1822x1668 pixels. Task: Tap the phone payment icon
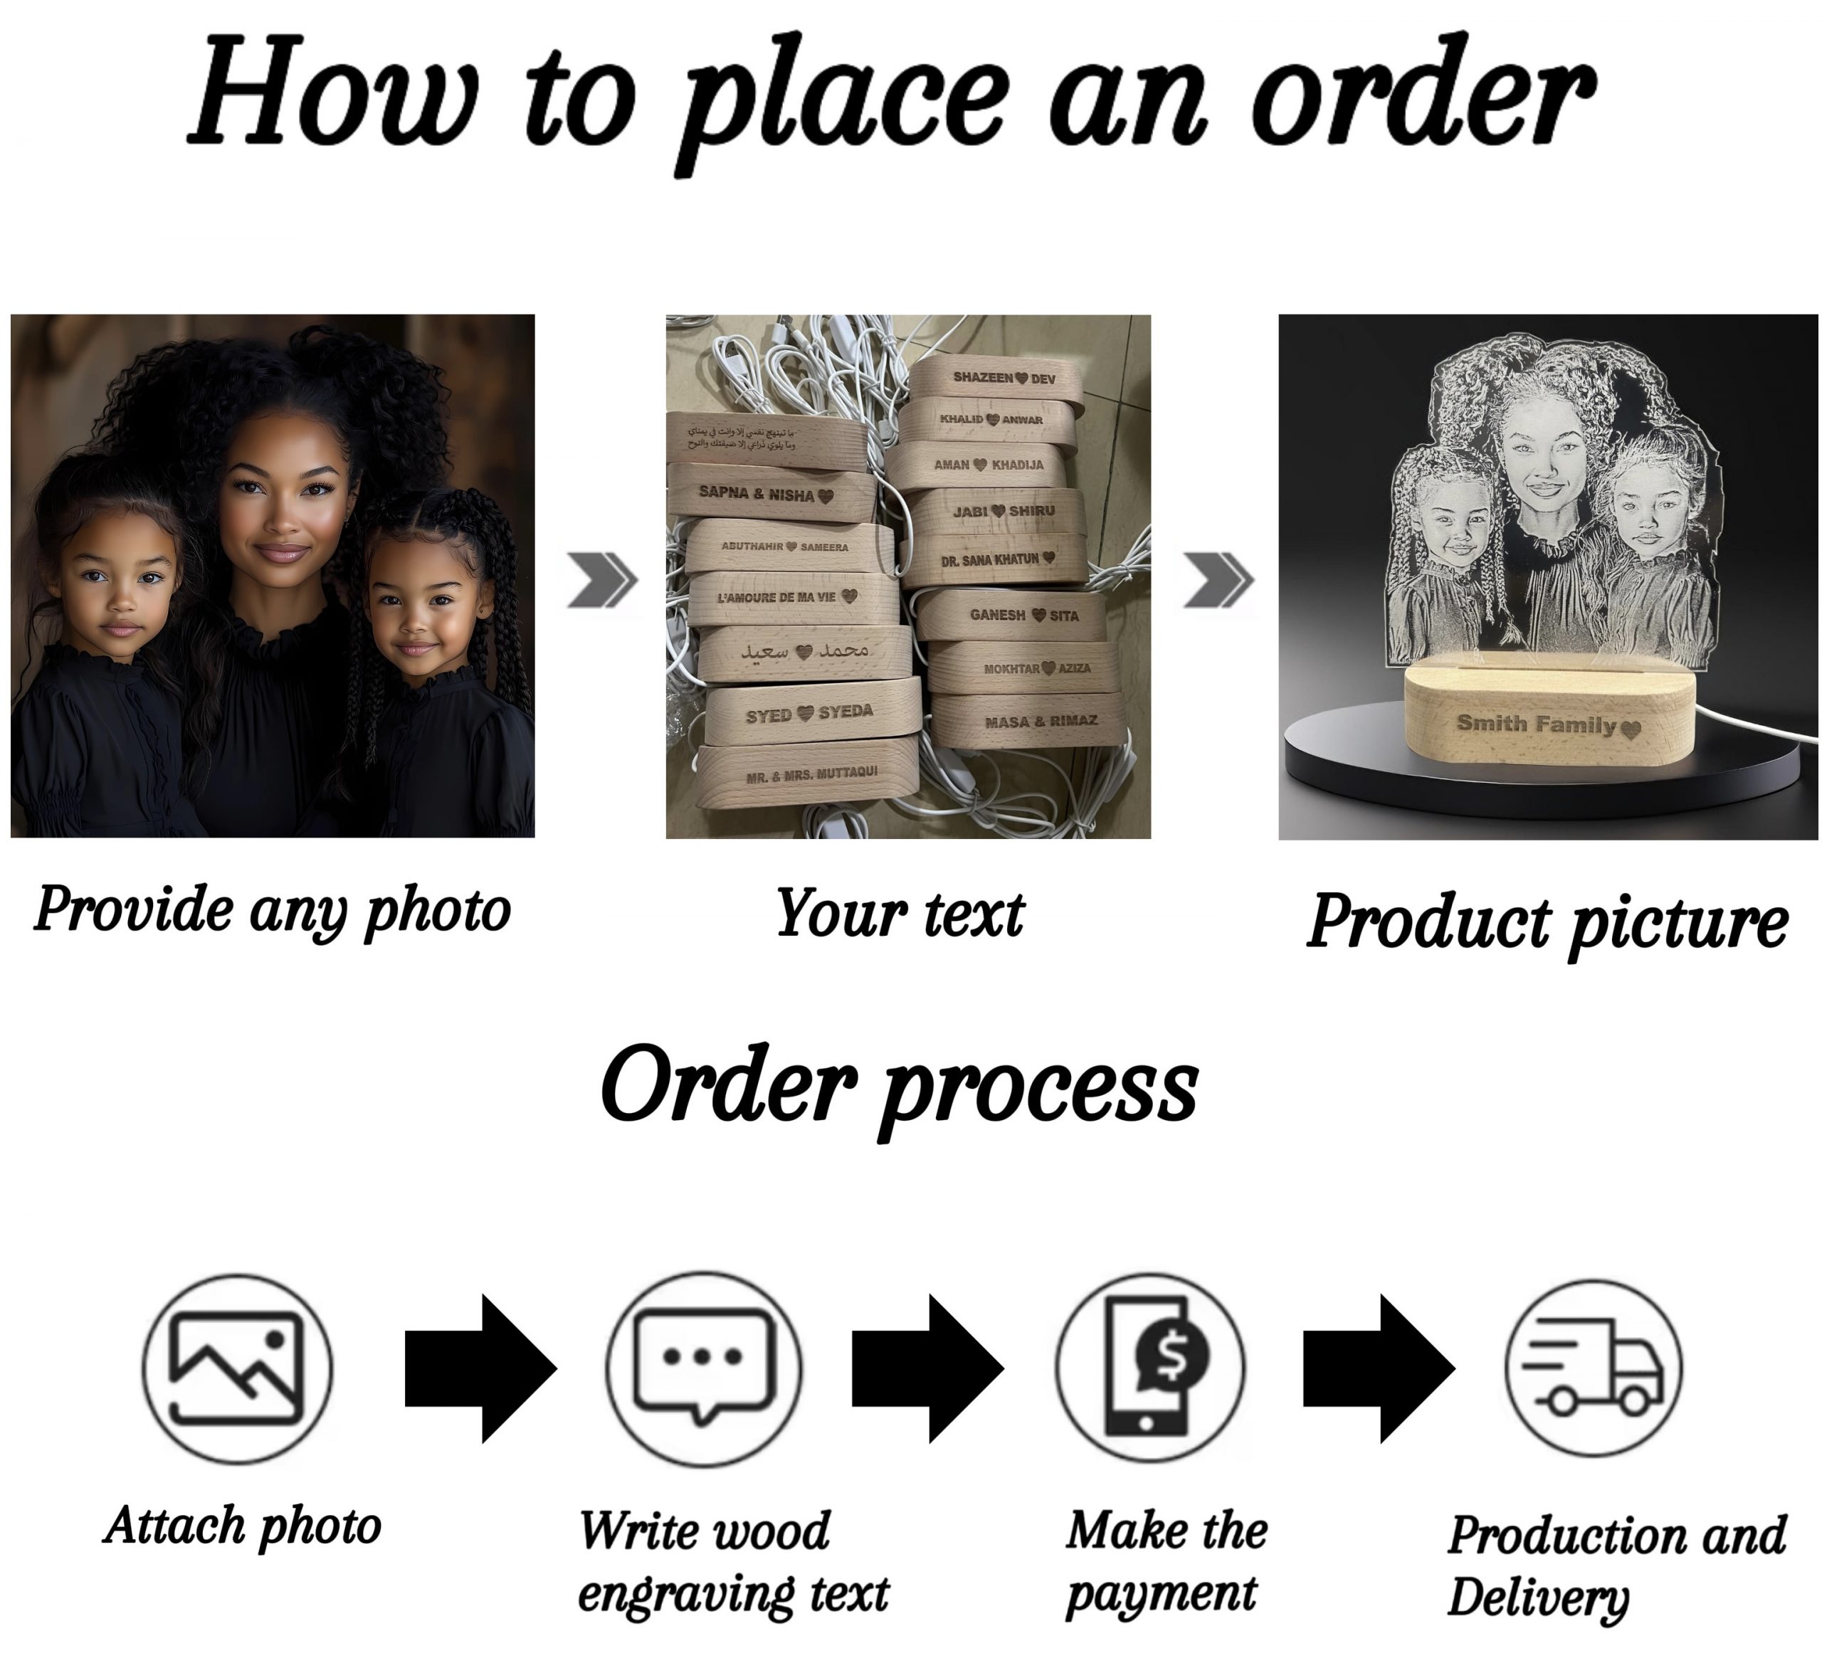[1149, 1367]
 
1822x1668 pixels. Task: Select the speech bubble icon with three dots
[703, 1367]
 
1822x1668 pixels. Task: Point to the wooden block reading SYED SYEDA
[809, 714]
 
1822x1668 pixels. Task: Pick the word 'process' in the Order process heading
[1039, 1089]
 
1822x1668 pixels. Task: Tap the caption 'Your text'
[900, 914]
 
